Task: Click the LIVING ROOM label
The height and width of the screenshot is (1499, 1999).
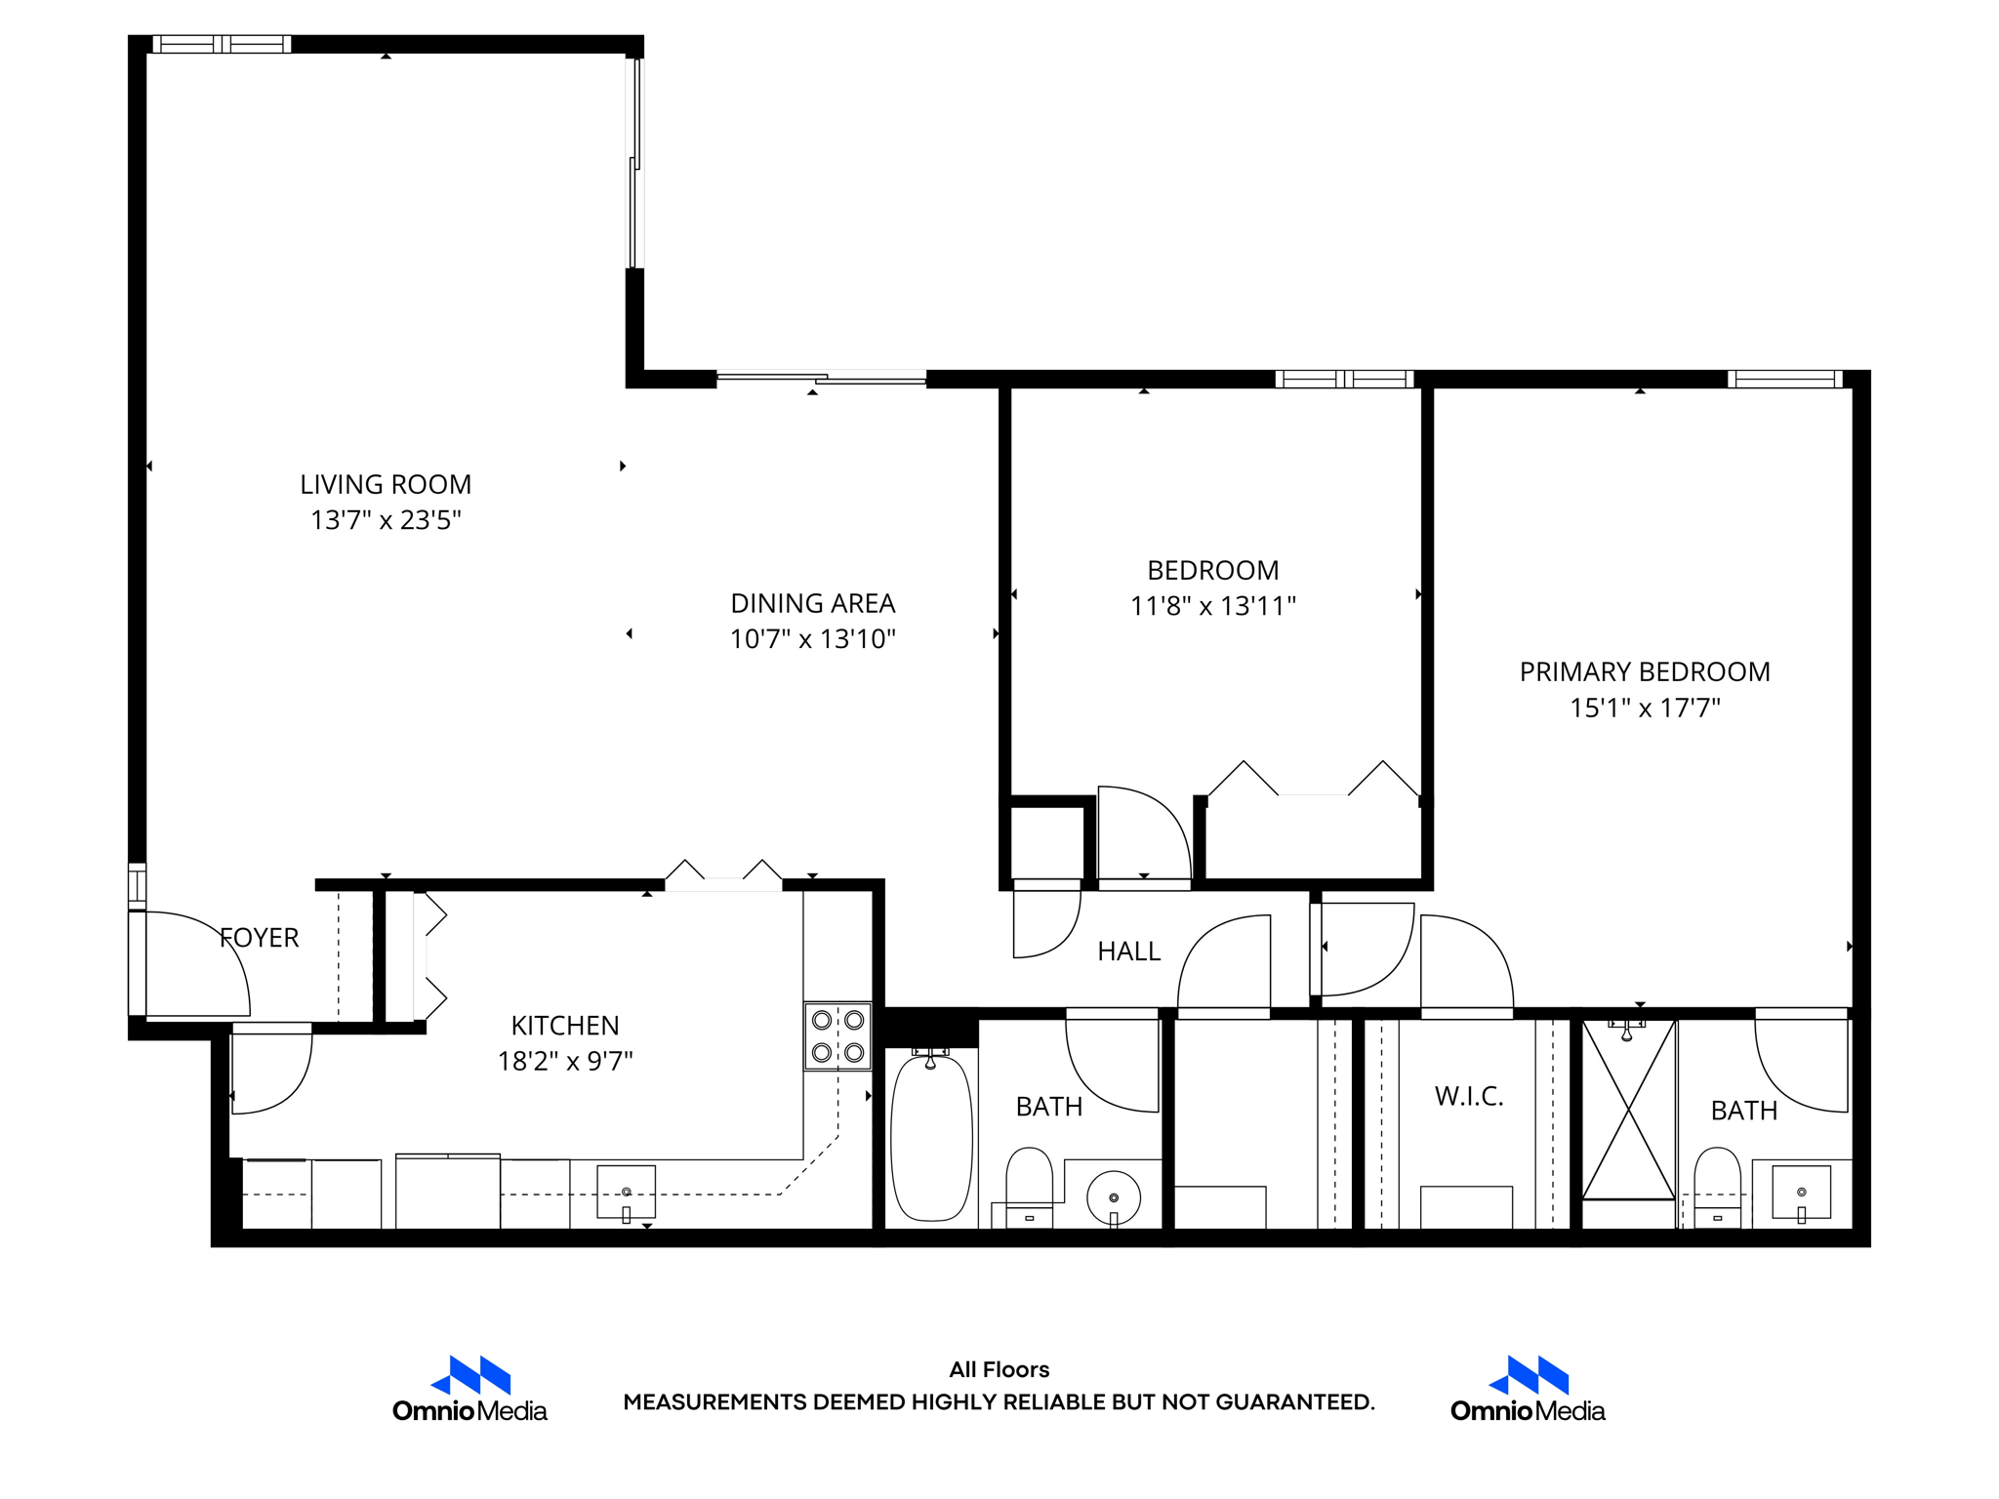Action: click(x=386, y=484)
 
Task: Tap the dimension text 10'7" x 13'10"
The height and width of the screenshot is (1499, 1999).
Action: click(x=812, y=639)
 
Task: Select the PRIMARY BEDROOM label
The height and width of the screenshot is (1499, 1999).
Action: click(x=1644, y=671)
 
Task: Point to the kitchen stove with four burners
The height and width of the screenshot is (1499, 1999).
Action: click(x=837, y=1035)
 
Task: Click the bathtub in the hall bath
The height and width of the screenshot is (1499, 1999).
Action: click(x=931, y=1137)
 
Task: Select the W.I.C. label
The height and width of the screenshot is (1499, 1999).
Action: click(x=1468, y=1096)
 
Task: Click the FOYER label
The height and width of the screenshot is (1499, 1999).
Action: click(x=259, y=938)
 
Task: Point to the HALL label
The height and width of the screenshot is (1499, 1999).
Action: click(x=1128, y=952)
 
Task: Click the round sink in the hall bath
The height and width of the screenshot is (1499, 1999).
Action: click(x=1113, y=1197)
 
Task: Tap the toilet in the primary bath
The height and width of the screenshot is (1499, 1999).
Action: click(x=1717, y=1184)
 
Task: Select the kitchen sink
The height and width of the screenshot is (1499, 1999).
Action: click(x=626, y=1192)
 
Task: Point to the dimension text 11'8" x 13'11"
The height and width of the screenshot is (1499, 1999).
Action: click(x=1212, y=606)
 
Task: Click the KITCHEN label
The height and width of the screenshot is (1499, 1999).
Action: click(x=565, y=1026)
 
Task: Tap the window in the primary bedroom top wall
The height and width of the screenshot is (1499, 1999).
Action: click(x=1784, y=379)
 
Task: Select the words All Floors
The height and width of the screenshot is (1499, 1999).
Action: click(x=999, y=1369)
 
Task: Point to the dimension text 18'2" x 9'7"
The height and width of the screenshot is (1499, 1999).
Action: click(x=565, y=1061)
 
